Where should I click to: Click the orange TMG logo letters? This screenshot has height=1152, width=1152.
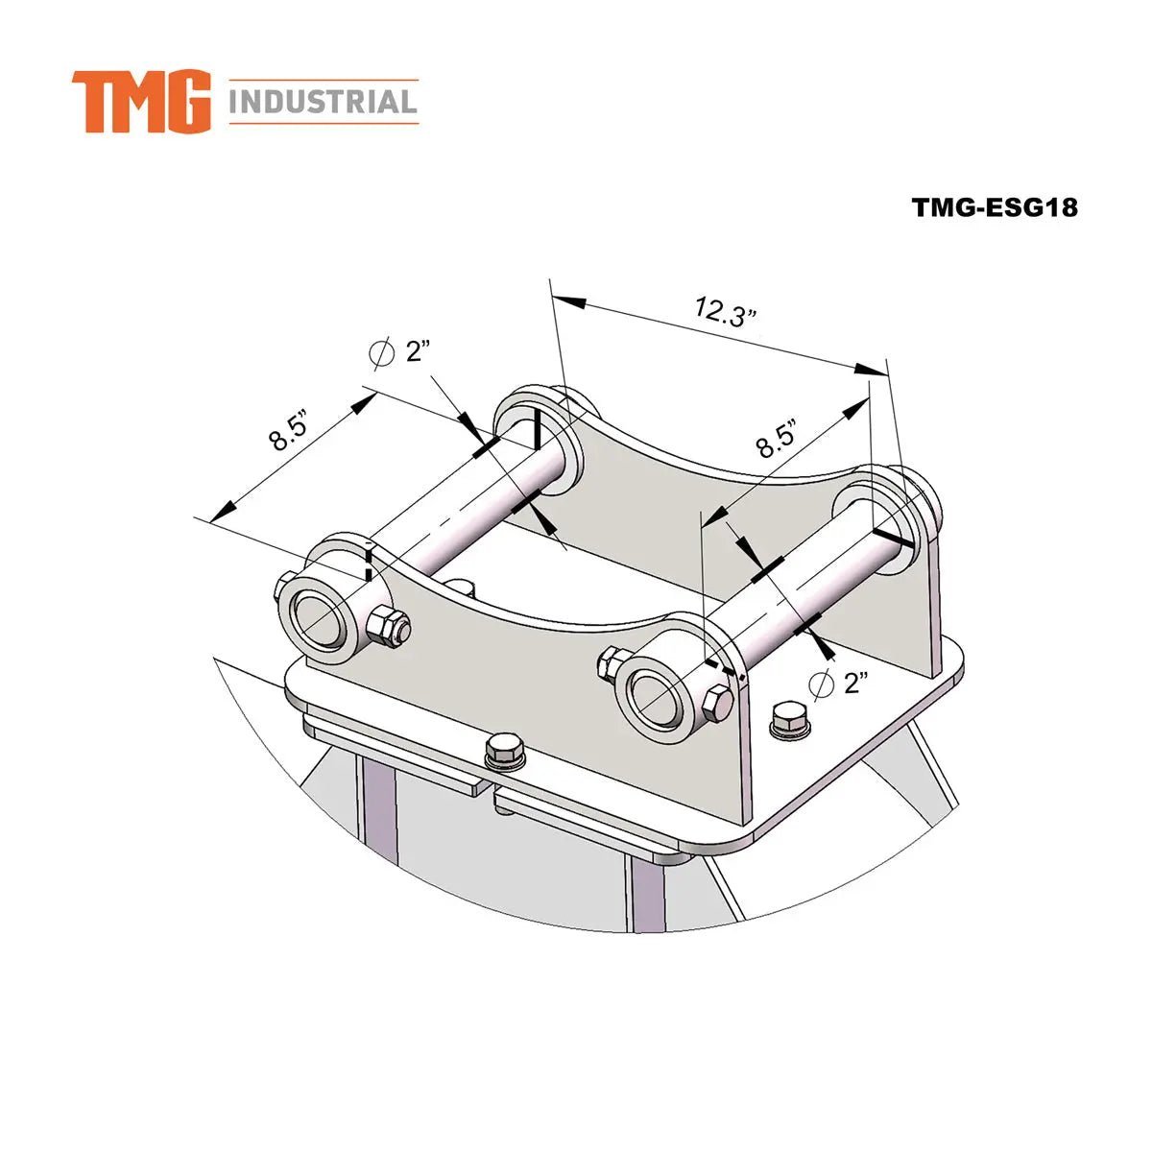141,101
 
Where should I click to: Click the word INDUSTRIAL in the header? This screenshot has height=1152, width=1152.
323,102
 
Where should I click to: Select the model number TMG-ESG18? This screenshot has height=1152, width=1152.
995,207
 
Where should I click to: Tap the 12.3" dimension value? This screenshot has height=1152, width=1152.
727,313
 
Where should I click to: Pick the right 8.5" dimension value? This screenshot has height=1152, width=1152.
777,438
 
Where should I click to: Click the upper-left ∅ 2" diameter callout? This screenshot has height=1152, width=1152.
397,352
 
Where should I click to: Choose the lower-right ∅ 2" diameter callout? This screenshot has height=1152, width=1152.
838,684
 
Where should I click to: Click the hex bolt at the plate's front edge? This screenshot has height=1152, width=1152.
505,751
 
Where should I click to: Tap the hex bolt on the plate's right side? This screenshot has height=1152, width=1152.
789,718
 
